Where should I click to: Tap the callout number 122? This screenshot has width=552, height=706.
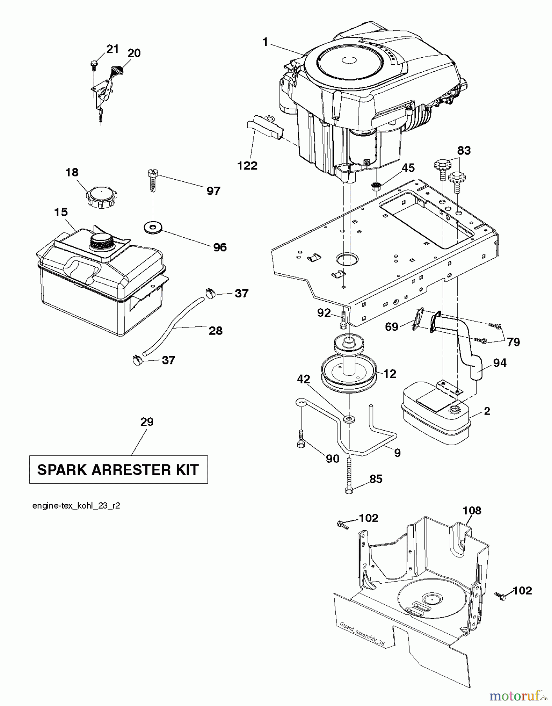(x=247, y=166)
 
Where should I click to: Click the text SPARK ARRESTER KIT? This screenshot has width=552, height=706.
(x=118, y=469)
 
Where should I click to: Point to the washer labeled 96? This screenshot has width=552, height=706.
(x=152, y=227)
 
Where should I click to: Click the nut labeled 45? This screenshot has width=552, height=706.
(x=375, y=186)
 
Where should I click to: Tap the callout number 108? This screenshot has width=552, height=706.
(x=472, y=510)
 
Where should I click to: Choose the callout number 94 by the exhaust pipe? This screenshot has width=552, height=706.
(x=500, y=363)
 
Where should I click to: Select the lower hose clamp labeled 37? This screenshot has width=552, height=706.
(x=137, y=359)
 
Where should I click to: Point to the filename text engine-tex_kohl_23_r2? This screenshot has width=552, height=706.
(x=76, y=506)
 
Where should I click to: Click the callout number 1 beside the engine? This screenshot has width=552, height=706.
(x=265, y=42)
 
